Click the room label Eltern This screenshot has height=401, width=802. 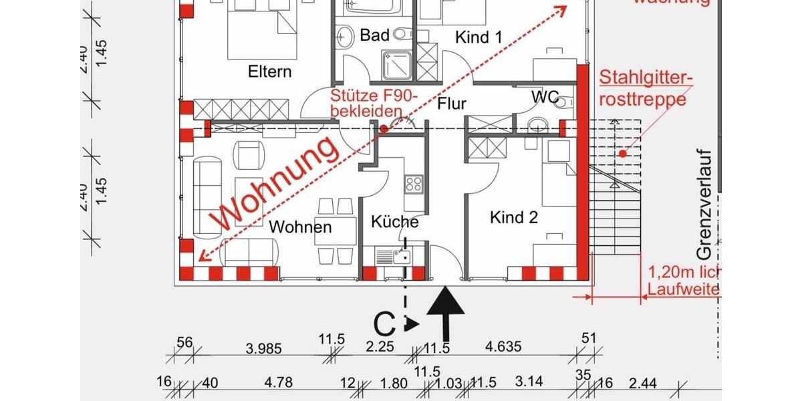(269, 72)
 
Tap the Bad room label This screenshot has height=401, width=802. (374, 35)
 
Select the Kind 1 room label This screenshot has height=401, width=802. (479, 37)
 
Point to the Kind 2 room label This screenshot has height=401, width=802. (514, 217)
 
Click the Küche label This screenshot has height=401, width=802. (395, 222)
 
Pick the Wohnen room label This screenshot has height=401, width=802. (300, 227)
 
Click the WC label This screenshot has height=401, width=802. (545, 97)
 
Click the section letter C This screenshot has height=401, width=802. (384, 325)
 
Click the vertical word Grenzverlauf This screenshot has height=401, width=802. (705, 204)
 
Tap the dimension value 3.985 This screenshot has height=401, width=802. (264, 348)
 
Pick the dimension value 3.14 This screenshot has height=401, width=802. (533, 384)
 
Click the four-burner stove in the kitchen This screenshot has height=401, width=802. (414, 183)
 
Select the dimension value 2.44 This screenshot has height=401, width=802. (643, 384)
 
